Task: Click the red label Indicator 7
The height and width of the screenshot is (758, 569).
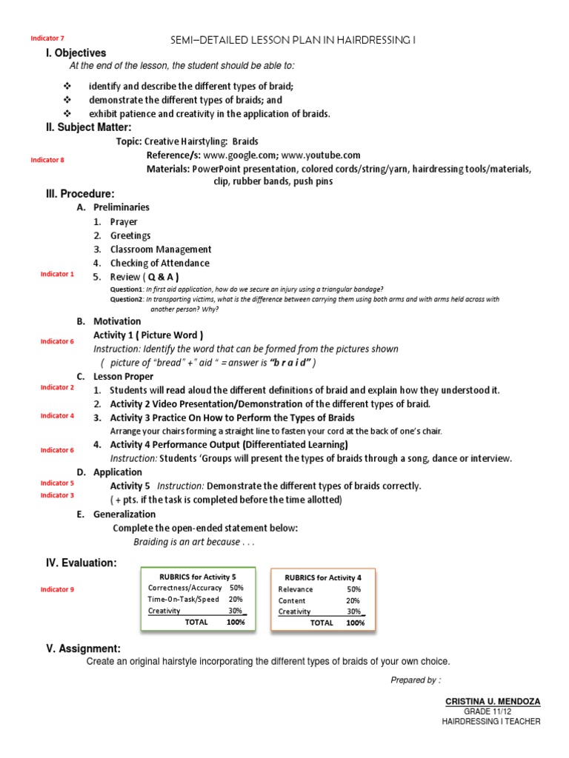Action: point(47,38)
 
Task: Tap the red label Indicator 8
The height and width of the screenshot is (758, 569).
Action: point(47,159)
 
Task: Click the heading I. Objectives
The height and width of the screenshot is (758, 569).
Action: point(76,53)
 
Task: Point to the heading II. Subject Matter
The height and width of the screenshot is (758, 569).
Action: point(89,127)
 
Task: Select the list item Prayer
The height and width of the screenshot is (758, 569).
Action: point(124,221)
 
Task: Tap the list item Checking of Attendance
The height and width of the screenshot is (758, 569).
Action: point(159,263)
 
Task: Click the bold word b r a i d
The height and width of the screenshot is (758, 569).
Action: point(279,362)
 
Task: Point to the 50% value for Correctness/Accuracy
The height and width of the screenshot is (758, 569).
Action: point(236,588)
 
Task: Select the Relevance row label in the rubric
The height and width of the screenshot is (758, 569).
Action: point(296,589)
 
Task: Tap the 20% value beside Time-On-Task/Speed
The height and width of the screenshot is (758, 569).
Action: point(236,600)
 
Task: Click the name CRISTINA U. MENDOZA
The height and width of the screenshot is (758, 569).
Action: point(492,700)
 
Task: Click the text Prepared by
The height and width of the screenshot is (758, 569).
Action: point(415,680)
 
